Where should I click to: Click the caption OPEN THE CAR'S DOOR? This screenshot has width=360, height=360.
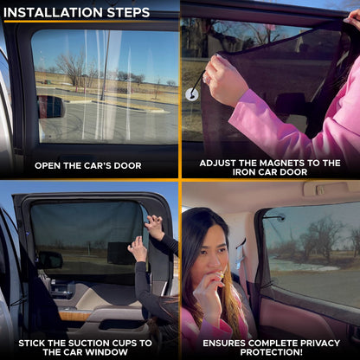[89, 165]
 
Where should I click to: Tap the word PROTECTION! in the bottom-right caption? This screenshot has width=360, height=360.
[269, 352]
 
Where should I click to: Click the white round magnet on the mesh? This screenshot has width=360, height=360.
[191, 93]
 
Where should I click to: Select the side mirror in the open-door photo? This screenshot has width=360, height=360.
[51, 106]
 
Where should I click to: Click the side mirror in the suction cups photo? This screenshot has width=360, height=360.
[49, 260]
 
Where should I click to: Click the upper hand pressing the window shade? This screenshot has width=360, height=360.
[154, 226]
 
